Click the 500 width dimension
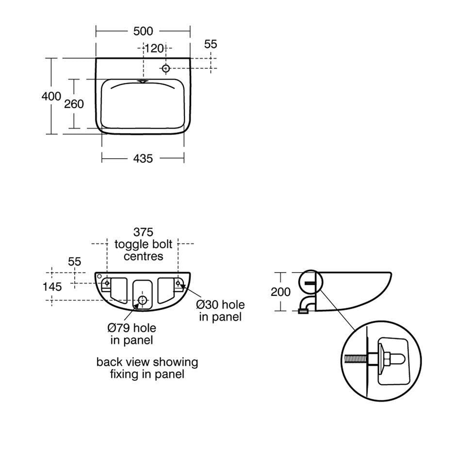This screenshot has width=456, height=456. (x=143, y=31)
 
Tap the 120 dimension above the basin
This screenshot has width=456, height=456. (x=154, y=49)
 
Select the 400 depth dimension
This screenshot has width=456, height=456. (x=51, y=96)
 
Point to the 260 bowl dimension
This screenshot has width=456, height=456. (x=74, y=104)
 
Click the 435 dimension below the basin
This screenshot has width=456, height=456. (x=143, y=159)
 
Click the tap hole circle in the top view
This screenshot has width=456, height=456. (x=166, y=68)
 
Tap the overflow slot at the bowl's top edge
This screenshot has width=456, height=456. (x=143, y=81)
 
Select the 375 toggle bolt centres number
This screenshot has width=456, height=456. (x=144, y=232)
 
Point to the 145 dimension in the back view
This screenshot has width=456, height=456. (x=52, y=287)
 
